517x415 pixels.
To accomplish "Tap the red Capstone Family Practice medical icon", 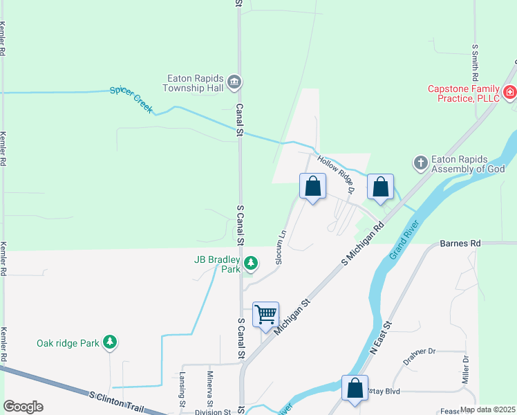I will (509, 92).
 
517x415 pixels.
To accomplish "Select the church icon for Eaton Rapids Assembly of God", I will (420, 163).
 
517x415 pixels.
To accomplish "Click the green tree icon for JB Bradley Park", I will (251, 264).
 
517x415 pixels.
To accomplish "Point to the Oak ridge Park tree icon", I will (109, 342).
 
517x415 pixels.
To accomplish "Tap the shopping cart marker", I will (265, 315).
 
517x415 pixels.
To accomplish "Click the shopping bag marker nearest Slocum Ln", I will (312, 186).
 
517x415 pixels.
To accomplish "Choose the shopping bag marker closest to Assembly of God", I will (380, 187).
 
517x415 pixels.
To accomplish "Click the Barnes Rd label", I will (460, 244).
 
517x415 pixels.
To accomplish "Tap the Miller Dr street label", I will (465, 370).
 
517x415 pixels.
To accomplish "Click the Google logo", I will (23, 407).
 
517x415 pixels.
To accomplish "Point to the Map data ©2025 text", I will (487, 409).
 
